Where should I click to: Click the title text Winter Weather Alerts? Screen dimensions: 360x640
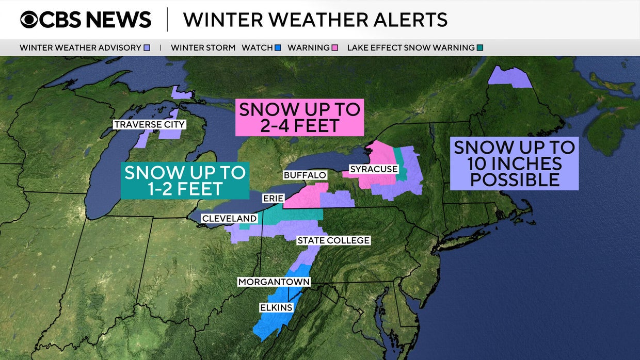pyautogui.click(x=315, y=20)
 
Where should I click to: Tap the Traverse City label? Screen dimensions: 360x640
pyautogui.click(x=150, y=125)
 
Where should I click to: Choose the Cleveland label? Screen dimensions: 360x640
pyautogui.click(x=229, y=219)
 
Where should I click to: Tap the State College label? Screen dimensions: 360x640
pyautogui.click(x=333, y=240)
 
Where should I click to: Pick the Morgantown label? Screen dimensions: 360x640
pyautogui.click(x=274, y=282)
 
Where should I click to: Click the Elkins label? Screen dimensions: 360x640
pyautogui.click(x=276, y=308)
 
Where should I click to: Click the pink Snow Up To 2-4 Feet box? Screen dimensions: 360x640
pyautogui.click(x=299, y=117)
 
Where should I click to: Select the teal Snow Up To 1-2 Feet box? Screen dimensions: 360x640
pyautogui.click(x=185, y=181)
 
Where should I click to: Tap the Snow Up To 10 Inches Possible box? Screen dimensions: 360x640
pyautogui.click(x=514, y=163)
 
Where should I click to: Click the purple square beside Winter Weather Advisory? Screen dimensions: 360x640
pyautogui.click(x=147, y=48)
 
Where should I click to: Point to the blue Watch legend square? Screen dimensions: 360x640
pyautogui.click(x=278, y=48)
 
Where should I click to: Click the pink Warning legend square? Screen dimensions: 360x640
pyautogui.click(x=335, y=48)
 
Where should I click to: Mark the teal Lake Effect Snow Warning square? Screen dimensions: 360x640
pyautogui.click(x=480, y=48)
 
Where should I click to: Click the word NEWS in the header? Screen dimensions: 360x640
pyautogui.click(x=118, y=20)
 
